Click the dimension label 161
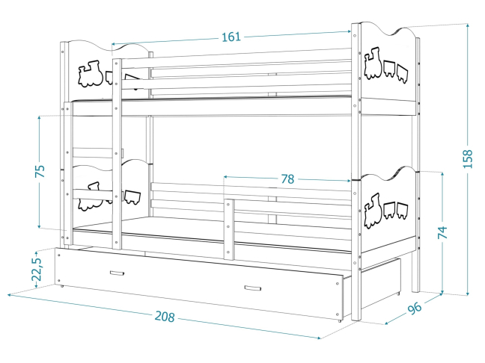231,37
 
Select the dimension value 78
287,179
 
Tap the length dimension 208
164,317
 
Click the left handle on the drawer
118,273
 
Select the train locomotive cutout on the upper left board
91,72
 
